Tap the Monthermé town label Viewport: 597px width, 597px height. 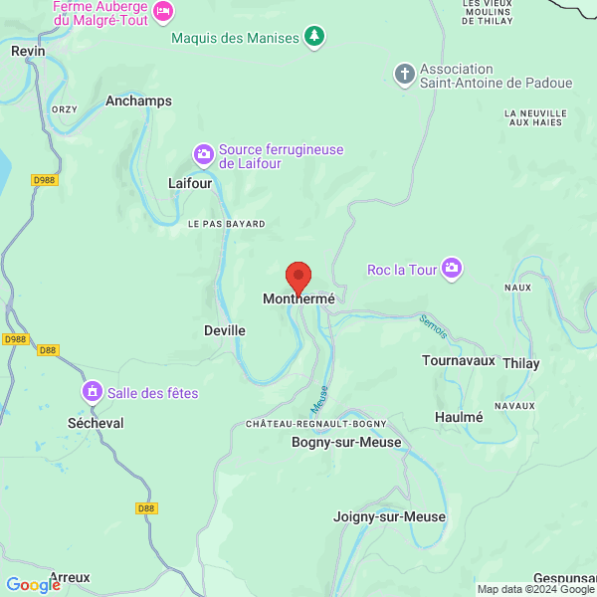coord(298,298)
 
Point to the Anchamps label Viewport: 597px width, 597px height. coord(138,100)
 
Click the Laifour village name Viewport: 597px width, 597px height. coord(189,183)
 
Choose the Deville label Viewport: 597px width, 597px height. coord(224,330)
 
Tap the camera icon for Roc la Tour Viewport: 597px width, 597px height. coord(452,269)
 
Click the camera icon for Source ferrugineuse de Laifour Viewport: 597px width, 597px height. coord(203,154)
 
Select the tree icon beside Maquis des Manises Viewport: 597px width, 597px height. coord(314,38)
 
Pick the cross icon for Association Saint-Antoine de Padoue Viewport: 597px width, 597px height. coord(404,74)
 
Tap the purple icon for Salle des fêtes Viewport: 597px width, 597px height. coord(93,392)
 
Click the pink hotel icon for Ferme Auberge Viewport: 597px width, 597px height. coord(164,11)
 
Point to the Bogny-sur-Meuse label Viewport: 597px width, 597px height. coord(345,442)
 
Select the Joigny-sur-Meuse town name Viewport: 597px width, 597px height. coord(389,516)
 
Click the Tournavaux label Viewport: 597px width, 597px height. coord(458,360)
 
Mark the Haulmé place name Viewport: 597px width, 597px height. coord(459,417)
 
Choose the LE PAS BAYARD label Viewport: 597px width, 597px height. coord(227,224)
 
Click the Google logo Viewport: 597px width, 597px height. coord(33,585)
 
